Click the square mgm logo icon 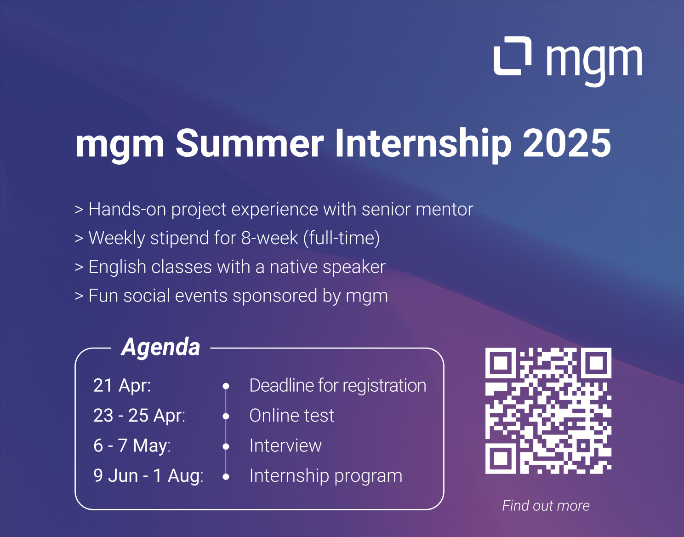tap(513, 56)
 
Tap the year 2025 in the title tap(567, 143)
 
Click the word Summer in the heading tap(250, 143)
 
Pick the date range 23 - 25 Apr tap(139, 416)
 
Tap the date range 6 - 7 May tap(132, 446)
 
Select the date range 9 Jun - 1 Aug tap(148, 475)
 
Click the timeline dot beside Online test tap(226, 417)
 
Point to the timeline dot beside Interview tap(226, 447)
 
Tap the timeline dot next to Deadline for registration tap(226, 386)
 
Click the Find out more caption tap(546, 506)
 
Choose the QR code tap(548, 411)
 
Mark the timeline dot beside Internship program tap(226, 477)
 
